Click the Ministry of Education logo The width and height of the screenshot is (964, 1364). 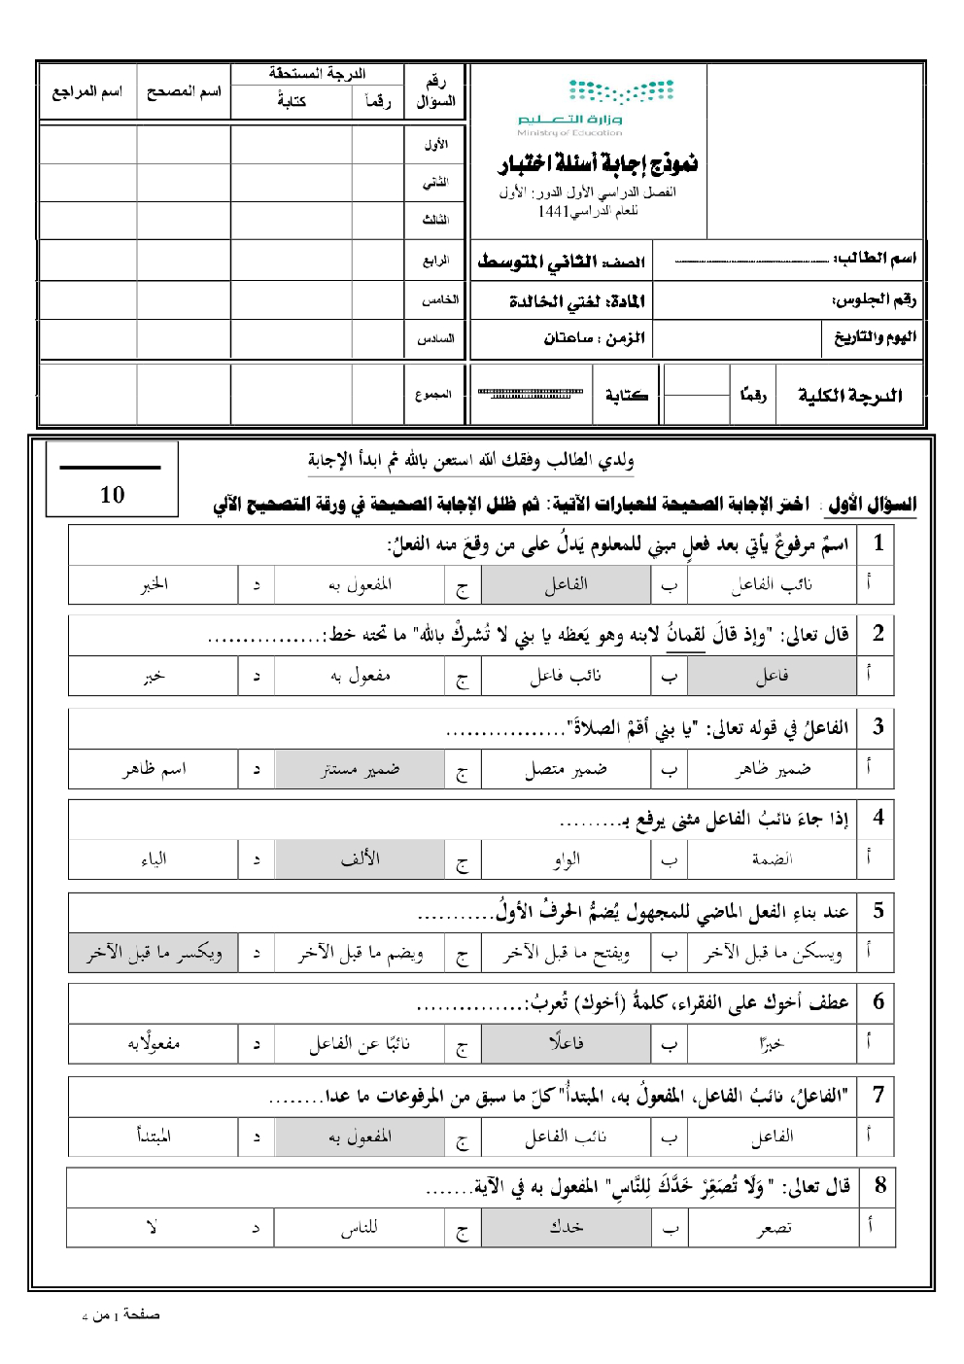tap(595, 108)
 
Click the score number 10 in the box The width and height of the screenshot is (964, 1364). tap(112, 495)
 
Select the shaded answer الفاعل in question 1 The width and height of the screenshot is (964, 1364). tap(566, 584)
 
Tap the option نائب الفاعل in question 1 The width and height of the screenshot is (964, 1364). tap(772, 584)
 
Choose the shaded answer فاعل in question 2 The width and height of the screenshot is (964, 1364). tap(772, 676)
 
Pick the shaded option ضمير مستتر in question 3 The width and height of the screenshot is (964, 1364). tap(360, 769)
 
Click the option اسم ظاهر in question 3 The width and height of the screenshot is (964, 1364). tap(154, 769)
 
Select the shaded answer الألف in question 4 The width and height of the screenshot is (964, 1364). tap(360, 859)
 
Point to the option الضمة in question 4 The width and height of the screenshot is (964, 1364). tap(772, 859)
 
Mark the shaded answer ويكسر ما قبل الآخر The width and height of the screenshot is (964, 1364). tap(154, 953)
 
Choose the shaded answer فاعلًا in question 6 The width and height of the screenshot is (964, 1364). tap(566, 1043)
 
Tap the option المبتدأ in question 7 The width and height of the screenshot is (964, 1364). tap(154, 1136)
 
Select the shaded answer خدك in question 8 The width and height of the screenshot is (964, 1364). tap(566, 1227)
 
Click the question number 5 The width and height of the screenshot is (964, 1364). tap(878, 911)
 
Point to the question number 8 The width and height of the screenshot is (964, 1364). tap(879, 1184)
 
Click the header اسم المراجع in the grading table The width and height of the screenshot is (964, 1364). tap(87, 92)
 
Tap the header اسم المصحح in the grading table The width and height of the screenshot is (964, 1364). tap(184, 92)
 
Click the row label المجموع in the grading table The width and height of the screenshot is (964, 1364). tap(433, 395)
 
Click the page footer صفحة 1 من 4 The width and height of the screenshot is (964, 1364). tap(120, 1315)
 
